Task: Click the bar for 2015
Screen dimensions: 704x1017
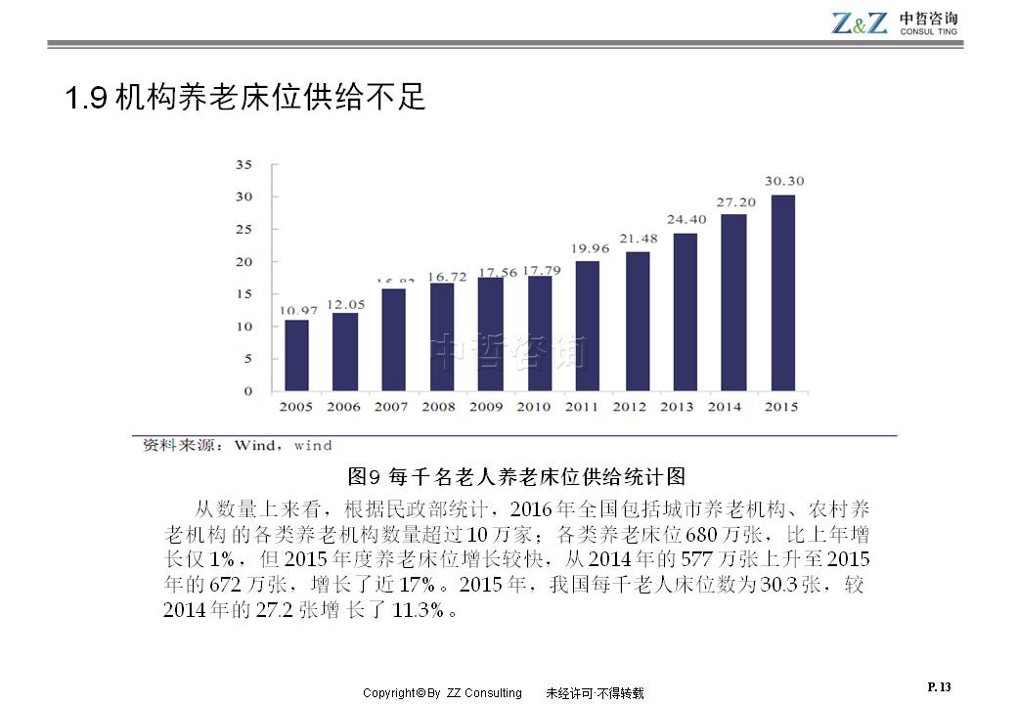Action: tap(782, 293)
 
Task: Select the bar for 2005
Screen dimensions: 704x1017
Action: tap(296, 355)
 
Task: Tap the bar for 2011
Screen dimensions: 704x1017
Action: tap(588, 326)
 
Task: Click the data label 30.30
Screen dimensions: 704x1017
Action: tap(784, 181)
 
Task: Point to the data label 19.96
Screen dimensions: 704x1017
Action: tap(589, 248)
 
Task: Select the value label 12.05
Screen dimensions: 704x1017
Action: tap(345, 304)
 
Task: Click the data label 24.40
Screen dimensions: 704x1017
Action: tap(686, 219)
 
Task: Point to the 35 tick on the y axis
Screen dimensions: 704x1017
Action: tap(243, 164)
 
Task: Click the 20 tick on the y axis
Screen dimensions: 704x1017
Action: tap(243, 262)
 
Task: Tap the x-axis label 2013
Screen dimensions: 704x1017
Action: tap(677, 407)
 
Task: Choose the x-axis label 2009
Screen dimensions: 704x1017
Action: tap(486, 407)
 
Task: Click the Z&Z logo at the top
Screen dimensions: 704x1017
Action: tap(860, 22)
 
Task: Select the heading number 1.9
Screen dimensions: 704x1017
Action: tap(85, 99)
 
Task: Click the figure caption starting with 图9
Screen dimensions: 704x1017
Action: tap(516, 476)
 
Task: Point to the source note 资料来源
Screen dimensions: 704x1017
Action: tap(184, 446)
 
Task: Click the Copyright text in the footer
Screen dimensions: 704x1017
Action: tap(442, 693)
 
